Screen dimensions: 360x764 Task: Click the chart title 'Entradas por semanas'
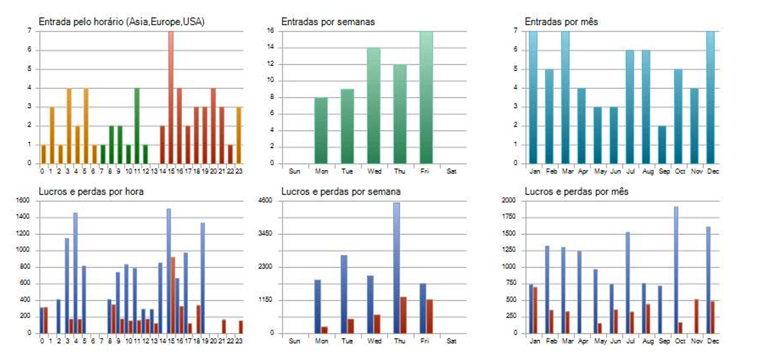click(x=328, y=21)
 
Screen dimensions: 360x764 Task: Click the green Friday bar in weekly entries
click(x=426, y=98)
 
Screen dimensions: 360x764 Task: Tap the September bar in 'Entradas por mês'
click(x=662, y=145)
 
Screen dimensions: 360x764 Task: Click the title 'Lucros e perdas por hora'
click(x=91, y=191)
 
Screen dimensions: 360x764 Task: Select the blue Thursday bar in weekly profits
click(x=397, y=268)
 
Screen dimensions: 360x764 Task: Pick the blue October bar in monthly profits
click(x=676, y=270)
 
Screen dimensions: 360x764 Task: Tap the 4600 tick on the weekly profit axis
click(x=265, y=201)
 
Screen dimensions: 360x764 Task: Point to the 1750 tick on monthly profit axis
click(x=509, y=217)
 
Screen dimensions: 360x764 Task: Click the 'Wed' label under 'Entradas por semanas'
click(x=374, y=171)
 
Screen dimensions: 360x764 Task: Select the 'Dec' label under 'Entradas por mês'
click(x=713, y=171)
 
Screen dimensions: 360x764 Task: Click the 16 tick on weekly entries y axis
click(x=271, y=31)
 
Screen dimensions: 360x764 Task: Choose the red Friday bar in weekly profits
click(x=429, y=316)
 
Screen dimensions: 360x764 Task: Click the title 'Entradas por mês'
click(x=561, y=21)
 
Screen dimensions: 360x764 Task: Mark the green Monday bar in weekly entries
click(x=321, y=130)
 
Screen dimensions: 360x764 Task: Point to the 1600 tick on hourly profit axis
click(x=22, y=201)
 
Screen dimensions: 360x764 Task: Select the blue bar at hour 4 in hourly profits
click(x=75, y=273)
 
